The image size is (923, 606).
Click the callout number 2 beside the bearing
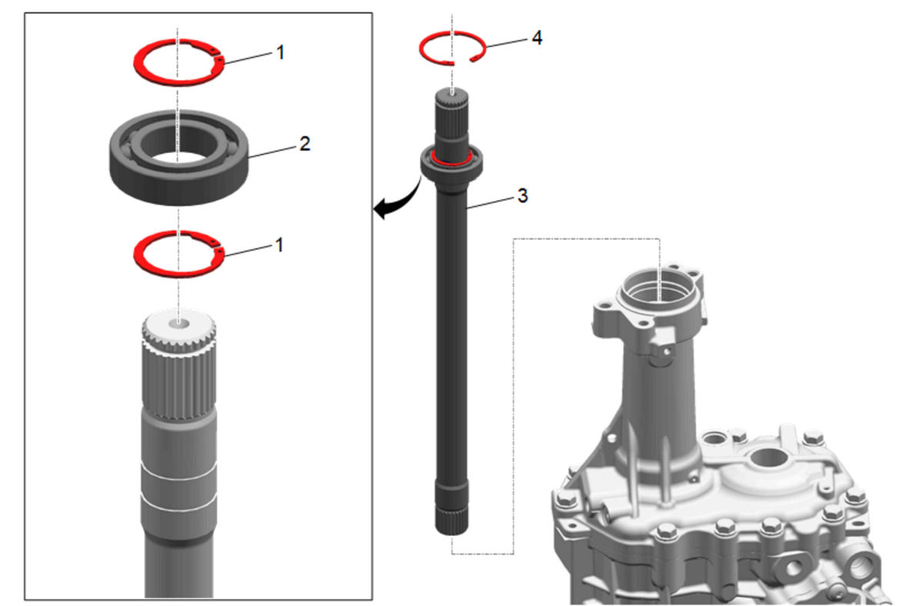(305, 143)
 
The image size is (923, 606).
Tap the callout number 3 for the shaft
(522, 195)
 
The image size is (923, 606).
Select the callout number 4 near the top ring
(537, 38)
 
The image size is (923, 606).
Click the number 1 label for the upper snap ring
(280, 52)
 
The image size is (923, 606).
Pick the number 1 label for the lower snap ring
(279, 245)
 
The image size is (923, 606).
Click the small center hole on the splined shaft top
(178, 325)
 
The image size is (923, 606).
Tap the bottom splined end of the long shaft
(452, 521)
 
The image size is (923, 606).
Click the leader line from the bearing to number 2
(272, 152)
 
